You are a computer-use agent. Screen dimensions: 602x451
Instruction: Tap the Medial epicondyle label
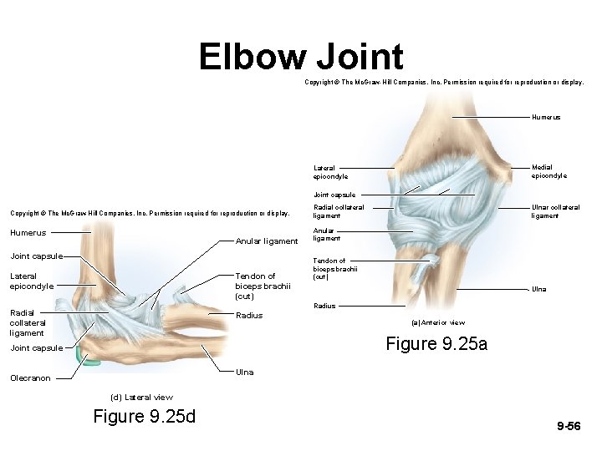(x=548, y=171)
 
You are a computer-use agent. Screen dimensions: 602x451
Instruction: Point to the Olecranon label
(x=30, y=378)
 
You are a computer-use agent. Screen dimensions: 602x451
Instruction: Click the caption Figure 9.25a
(x=436, y=343)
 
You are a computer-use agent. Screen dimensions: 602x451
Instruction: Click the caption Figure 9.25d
(x=144, y=416)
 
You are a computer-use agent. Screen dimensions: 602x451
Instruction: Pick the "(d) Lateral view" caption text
(x=141, y=398)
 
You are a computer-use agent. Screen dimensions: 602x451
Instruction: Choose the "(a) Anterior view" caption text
(x=438, y=322)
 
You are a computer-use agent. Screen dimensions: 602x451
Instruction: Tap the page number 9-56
(x=569, y=426)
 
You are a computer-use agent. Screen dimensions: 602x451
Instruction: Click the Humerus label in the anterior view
(x=546, y=117)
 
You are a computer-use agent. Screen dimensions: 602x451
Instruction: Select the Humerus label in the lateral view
(x=28, y=233)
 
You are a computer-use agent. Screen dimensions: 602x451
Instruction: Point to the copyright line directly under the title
(x=444, y=83)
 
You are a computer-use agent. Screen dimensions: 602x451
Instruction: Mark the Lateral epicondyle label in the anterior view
(x=330, y=172)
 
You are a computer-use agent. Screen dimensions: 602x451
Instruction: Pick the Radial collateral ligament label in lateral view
(x=27, y=322)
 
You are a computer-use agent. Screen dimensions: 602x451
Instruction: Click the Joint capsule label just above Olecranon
(x=36, y=348)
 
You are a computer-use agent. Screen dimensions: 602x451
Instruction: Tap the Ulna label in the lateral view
(x=245, y=372)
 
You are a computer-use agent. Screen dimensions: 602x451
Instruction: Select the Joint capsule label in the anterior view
(x=334, y=195)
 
